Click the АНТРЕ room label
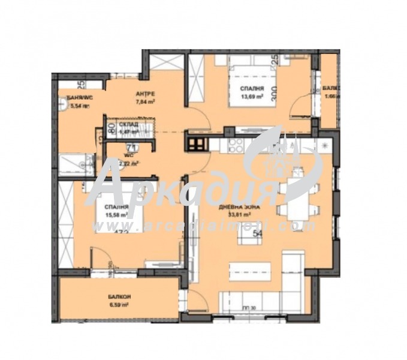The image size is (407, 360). [145, 94]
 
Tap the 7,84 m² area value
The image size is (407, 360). [146, 102]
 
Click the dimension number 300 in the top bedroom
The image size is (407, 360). [273, 93]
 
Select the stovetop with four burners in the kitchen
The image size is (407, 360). [236, 145]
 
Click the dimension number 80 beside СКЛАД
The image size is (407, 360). [111, 127]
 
